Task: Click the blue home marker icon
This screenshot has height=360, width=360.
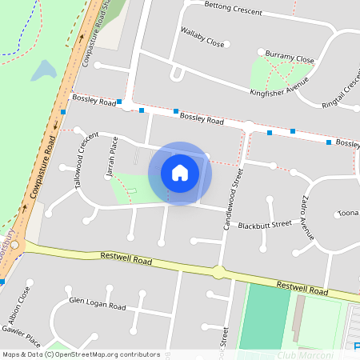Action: click(x=180, y=172)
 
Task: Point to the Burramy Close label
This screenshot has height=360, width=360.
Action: click(x=290, y=58)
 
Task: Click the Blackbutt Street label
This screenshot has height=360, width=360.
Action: click(x=259, y=225)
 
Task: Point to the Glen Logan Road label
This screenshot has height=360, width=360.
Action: click(x=98, y=305)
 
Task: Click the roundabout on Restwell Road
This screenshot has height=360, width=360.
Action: click(x=218, y=272)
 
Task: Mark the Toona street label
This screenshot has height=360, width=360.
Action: click(x=348, y=214)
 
